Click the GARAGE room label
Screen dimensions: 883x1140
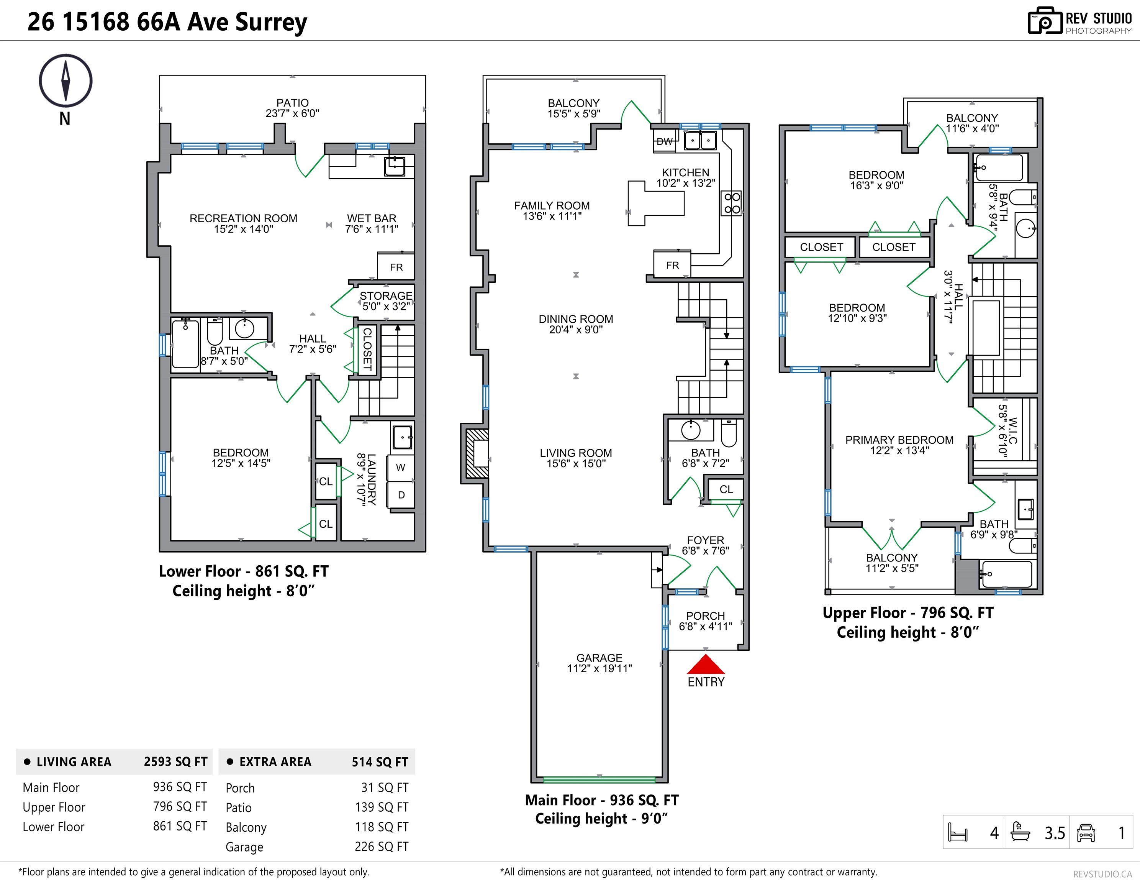[599, 658]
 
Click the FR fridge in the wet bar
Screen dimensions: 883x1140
[396, 267]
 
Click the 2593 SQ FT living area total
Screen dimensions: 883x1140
[175, 762]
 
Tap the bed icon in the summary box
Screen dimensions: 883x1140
[958, 832]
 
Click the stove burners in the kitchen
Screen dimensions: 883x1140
[732, 203]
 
